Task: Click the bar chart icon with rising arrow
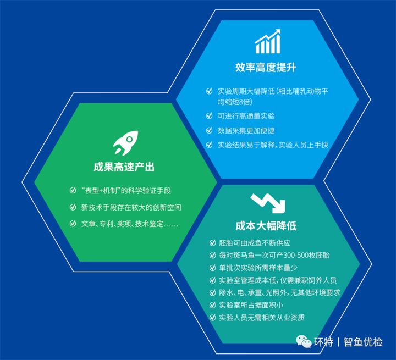coord(267,41)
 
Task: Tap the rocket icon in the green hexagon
coord(126,143)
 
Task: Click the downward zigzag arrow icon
coord(268,203)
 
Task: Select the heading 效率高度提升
coord(266,68)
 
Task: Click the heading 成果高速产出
coord(124,167)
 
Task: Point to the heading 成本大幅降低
coord(266,226)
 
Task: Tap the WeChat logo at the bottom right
coord(304,341)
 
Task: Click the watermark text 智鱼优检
coord(363,342)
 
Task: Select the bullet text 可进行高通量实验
coord(246,116)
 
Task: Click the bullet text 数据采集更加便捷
coord(246,130)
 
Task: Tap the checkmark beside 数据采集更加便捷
coord(209,130)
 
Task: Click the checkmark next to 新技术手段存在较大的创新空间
coord(73,207)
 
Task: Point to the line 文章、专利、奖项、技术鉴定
coord(130,224)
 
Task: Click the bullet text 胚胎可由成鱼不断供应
coord(255,243)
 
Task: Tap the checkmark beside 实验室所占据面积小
coord(213,305)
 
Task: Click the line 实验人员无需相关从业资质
coord(262,318)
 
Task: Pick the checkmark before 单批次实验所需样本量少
coord(213,268)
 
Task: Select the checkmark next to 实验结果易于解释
coord(209,145)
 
